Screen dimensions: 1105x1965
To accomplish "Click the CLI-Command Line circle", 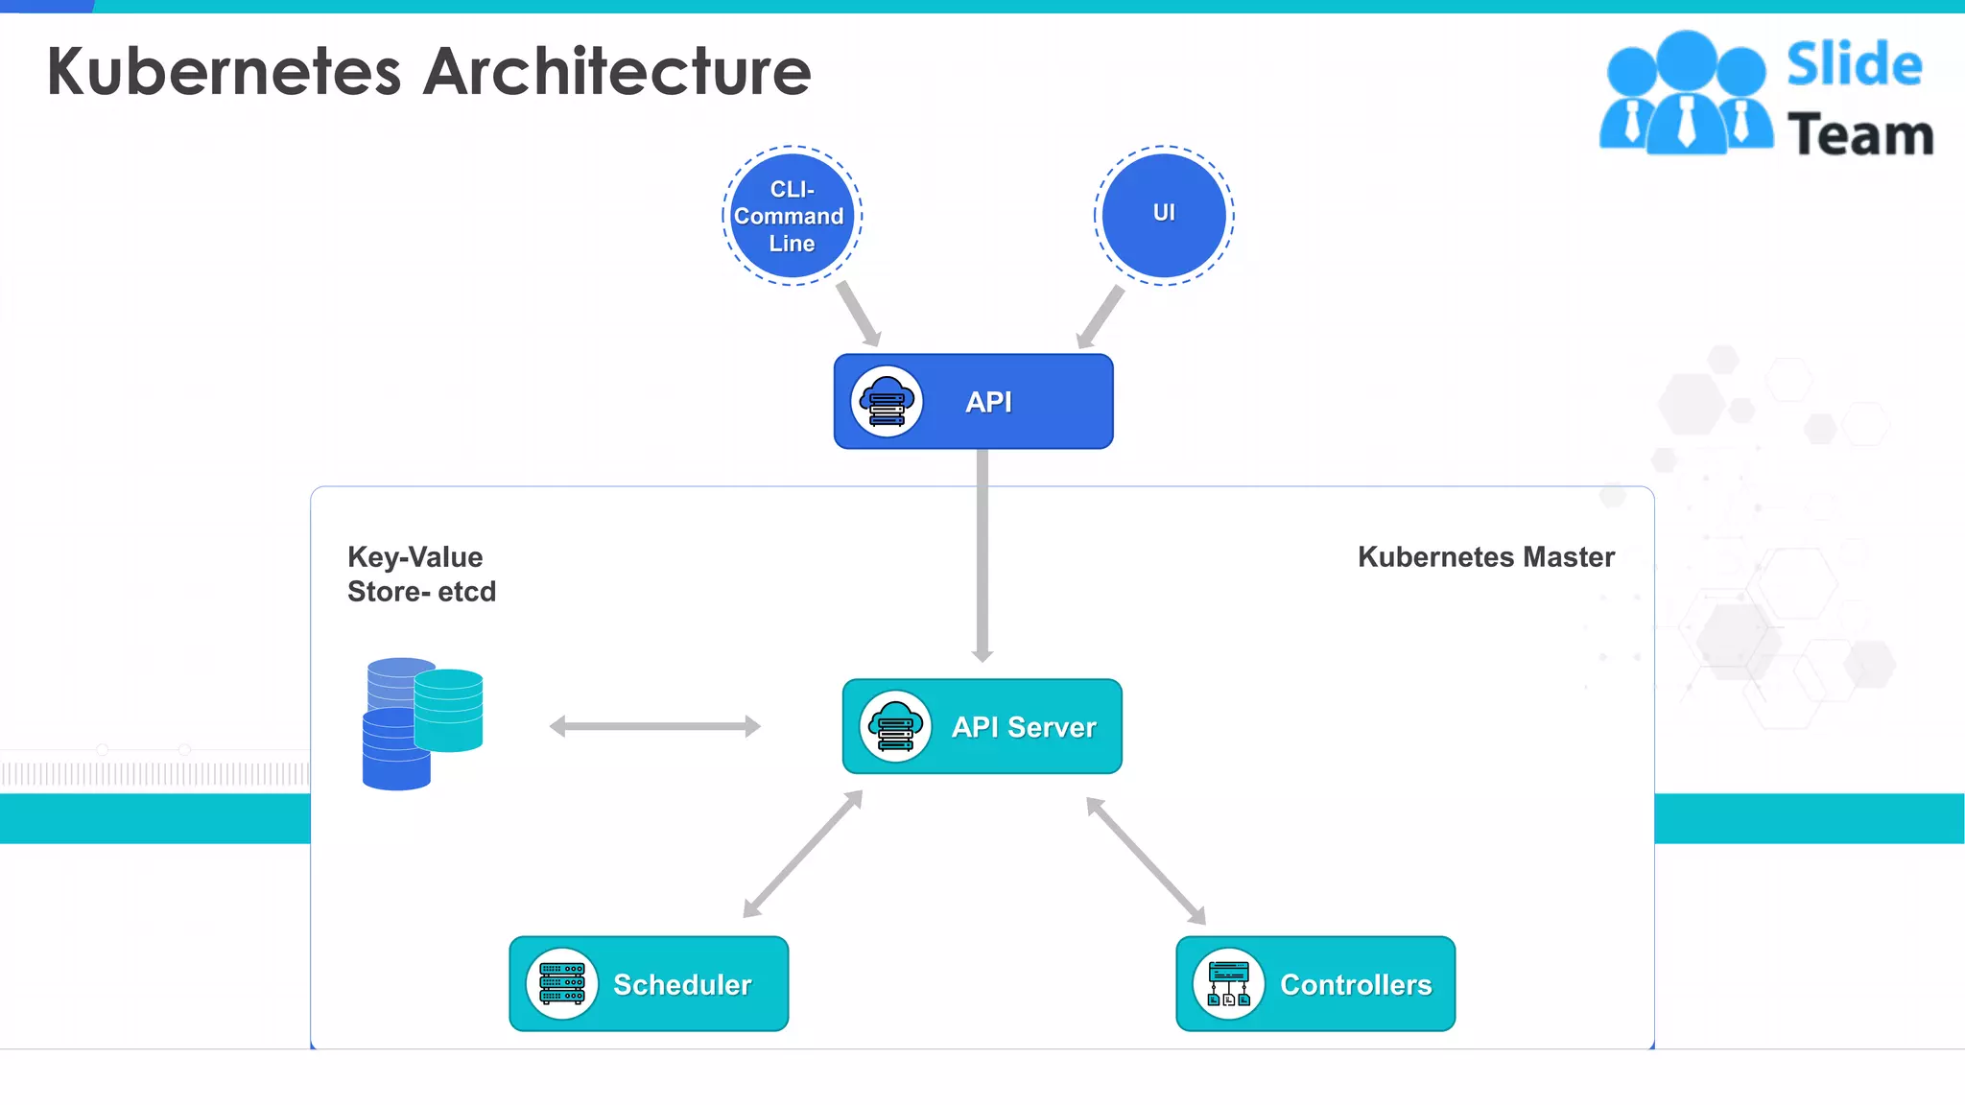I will point(792,216).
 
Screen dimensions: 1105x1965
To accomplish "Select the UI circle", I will point(1164,215).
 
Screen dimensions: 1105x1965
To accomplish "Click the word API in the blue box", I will point(988,402).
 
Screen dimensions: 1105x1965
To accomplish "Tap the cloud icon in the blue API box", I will point(887,402).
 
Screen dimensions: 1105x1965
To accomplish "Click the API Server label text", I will point(1024,727).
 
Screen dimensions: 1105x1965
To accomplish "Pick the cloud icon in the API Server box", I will point(895,727).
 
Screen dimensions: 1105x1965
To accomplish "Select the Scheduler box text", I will point(682,984).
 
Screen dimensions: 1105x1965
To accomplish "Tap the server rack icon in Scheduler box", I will point(562,984).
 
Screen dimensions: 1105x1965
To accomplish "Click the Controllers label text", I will point(1356,984).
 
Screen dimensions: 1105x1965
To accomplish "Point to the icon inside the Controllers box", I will point(1229,984).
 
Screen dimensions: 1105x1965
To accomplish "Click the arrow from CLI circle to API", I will point(858,314).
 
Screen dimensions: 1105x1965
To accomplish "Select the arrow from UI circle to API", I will point(1101,317).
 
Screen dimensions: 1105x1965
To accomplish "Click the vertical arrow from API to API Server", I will point(982,556).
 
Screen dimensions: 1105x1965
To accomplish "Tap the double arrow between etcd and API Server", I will point(655,726).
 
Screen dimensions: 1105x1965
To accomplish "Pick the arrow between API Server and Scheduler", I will point(803,854).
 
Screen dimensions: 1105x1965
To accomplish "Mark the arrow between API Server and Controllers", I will point(1146,860).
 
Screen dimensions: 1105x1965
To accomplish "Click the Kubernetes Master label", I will point(1485,557).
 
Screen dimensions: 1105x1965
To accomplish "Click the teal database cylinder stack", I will point(449,710).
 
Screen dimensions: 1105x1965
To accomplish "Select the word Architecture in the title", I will point(618,72).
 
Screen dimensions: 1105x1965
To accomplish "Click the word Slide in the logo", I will point(1854,65).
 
